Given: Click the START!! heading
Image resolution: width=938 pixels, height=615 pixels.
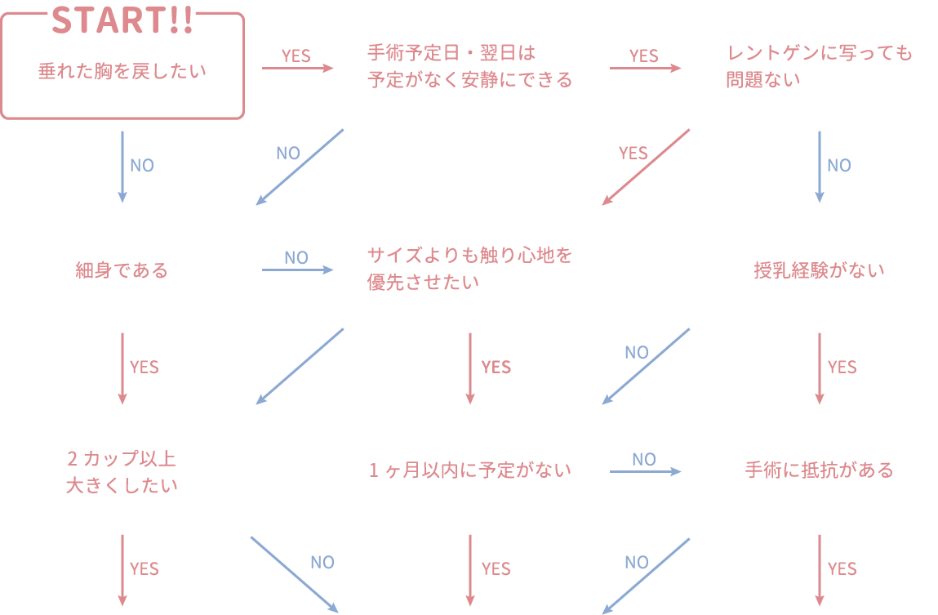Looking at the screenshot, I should pyautogui.click(x=122, y=20).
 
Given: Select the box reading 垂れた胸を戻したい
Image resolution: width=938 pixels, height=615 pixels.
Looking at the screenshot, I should pyautogui.click(x=122, y=72).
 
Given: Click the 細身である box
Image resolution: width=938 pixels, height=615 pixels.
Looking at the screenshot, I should pyautogui.click(x=122, y=268).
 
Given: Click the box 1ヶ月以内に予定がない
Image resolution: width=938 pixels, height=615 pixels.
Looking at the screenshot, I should pyautogui.click(x=469, y=470).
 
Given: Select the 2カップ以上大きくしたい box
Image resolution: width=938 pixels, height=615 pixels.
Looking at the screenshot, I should pyautogui.click(x=122, y=470).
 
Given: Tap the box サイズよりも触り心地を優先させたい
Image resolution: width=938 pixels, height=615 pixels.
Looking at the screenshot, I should pyautogui.click(x=469, y=268).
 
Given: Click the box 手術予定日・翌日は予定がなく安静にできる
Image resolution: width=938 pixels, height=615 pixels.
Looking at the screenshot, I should pyautogui.click(x=469, y=66).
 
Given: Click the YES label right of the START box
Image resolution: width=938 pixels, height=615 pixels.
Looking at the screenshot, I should pyautogui.click(x=296, y=56).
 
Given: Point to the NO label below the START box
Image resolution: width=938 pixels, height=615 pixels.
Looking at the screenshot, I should pyautogui.click(x=142, y=166).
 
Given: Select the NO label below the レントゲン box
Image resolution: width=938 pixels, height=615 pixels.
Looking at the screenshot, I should pyautogui.click(x=839, y=166).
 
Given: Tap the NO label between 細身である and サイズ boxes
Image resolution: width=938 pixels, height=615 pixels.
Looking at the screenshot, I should pyautogui.click(x=296, y=258).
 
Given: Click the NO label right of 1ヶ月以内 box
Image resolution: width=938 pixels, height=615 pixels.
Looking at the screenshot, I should pyautogui.click(x=643, y=460).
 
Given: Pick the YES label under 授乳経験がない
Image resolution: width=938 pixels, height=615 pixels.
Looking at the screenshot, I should pyautogui.click(x=842, y=368).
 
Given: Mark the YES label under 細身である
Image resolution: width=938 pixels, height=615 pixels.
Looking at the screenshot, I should pyautogui.click(x=144, y=368).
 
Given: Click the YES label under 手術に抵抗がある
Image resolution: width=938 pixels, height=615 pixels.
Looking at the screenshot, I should pyautogui.click(x=842, y=569).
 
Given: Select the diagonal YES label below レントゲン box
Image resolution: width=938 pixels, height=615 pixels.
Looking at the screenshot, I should pyautogui.click(x=633, y=154).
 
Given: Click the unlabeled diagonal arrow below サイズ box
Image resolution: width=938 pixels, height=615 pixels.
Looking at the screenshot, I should pyautogui.click(x=300, y=366).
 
